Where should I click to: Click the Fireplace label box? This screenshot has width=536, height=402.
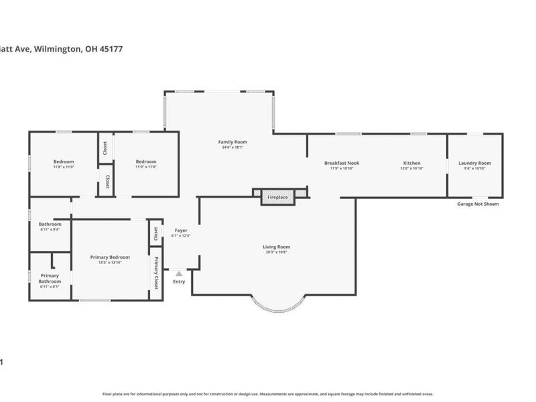pos(277,198)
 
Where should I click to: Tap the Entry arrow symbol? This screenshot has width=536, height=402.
pos(179,273)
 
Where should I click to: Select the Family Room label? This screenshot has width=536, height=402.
pos(232,142)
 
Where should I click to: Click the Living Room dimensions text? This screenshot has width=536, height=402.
pos(276,253)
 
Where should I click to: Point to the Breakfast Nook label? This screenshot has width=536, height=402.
pos(342,163)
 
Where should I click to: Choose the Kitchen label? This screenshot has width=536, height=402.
pos(411,163)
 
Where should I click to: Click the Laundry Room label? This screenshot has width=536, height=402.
pos(474,163)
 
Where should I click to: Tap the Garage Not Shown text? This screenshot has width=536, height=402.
pos(477,204)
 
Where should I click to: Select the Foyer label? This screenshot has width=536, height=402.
pos(181,230)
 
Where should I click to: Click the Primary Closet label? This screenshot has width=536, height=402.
pos(157,273)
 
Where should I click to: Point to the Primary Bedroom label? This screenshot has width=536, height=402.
pos(110,257)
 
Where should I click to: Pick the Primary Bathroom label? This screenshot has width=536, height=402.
pos(50,278)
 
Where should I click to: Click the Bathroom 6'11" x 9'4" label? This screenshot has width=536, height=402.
pos(50,224)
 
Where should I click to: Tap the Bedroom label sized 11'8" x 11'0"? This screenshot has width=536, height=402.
pos(64,161)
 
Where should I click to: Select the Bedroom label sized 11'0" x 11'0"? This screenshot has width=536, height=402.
pos(146,161)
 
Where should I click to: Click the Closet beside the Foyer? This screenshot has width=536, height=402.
pos(156,233)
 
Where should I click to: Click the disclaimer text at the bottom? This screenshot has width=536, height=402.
pos(268,394)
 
